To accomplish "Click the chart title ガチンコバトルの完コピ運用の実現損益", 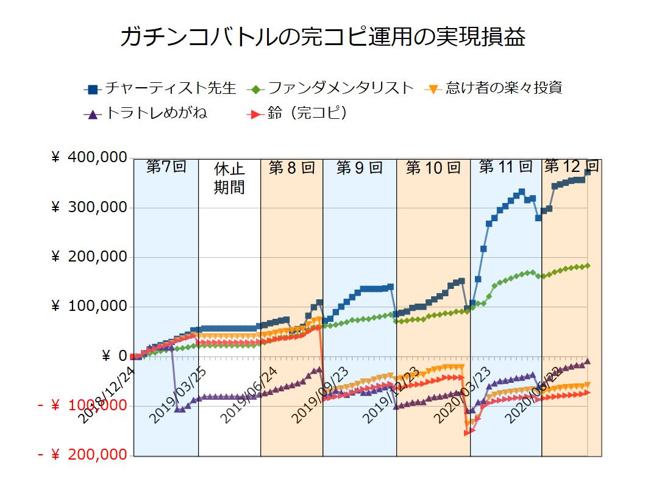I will (x=322, y=37).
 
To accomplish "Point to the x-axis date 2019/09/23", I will (x=321, y=393).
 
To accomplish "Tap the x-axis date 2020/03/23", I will (x=463, y=393).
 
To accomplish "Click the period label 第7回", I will (x=166, y=167).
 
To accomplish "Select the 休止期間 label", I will (x=229, y=178).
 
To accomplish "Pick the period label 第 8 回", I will (x=291, y=168).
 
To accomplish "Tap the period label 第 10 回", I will (x=433, y=168).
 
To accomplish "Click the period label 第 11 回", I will (x=505, y=166).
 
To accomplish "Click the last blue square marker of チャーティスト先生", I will (x=588, y=173).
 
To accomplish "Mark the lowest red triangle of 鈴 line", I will (x=466, y=433).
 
